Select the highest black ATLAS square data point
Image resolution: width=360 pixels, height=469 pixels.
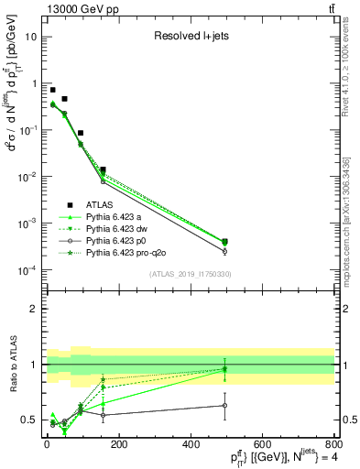coord(53,91)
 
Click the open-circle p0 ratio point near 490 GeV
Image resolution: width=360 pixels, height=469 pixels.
coord(224,405)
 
